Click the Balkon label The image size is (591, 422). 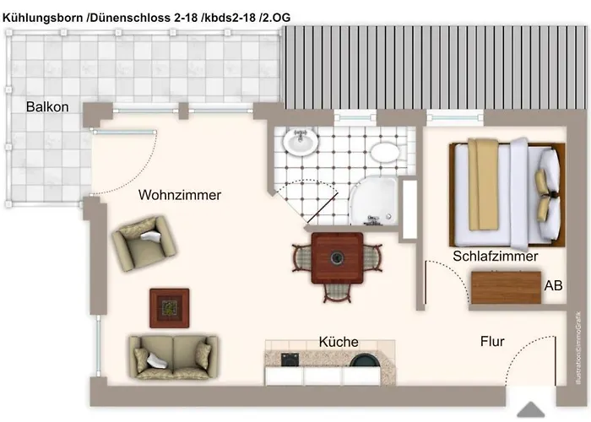point(46,107)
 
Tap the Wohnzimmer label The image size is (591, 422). point(180,195)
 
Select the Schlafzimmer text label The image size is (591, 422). point(495,257)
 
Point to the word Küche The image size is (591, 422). point(339,342)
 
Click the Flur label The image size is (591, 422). point(492,342)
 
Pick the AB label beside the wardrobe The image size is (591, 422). point(553,286)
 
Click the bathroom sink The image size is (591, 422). point(300,142)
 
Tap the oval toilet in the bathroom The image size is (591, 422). point(386,153)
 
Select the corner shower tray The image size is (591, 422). point(378,203)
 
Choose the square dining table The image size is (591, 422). point(338,257)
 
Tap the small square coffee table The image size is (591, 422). point(169,307)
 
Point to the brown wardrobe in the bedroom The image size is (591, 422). point(506,288)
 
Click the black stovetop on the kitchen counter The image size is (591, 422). point(291,359)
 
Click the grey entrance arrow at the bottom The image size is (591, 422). point(529,409)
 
